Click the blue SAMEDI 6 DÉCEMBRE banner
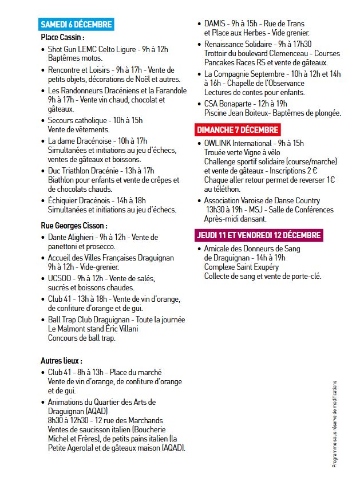coord(76,25)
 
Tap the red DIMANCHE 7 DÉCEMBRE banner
coord(238,129)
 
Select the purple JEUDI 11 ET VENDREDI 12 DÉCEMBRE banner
coord(259,235)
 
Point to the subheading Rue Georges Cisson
coord(74,226)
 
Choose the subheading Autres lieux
coord(61,361)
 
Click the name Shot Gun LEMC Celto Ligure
coord(94,50)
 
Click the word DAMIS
coord(215,23)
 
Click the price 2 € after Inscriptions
coord(330,170)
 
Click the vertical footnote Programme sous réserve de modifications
coord(335,424)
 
